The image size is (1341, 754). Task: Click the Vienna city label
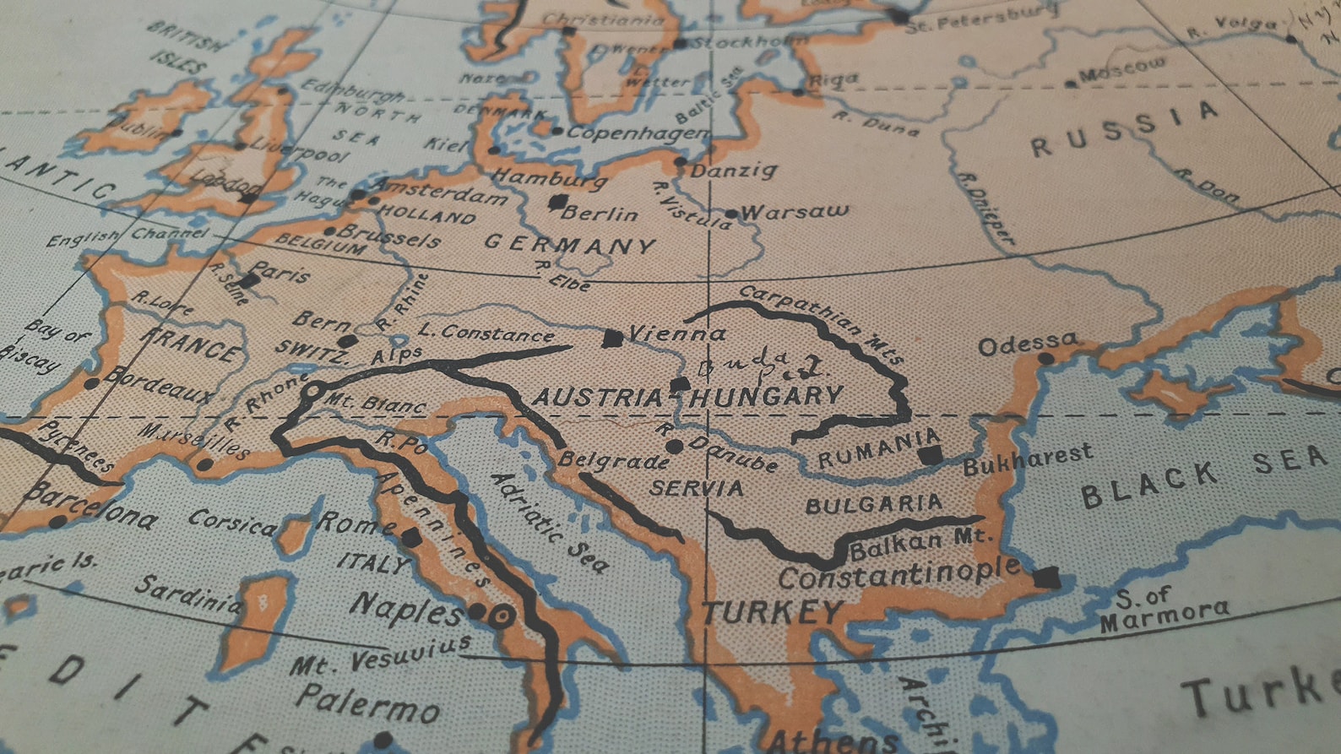tap(677, 334)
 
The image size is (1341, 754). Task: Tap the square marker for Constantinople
tap(1047, 578)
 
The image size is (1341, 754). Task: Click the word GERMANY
tap(570, 245)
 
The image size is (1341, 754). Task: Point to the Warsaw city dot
tap(731, 214)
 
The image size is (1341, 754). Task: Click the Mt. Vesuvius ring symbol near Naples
tap(502, 616)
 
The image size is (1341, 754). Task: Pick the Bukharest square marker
tap(930, 456)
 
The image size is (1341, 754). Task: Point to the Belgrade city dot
tap(673, 446)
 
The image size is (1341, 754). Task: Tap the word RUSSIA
tap(1124, 129)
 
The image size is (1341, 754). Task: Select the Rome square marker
tap(411, 538)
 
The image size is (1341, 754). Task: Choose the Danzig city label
tap(733, 171)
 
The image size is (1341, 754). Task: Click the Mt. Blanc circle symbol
tap(312, 391)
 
